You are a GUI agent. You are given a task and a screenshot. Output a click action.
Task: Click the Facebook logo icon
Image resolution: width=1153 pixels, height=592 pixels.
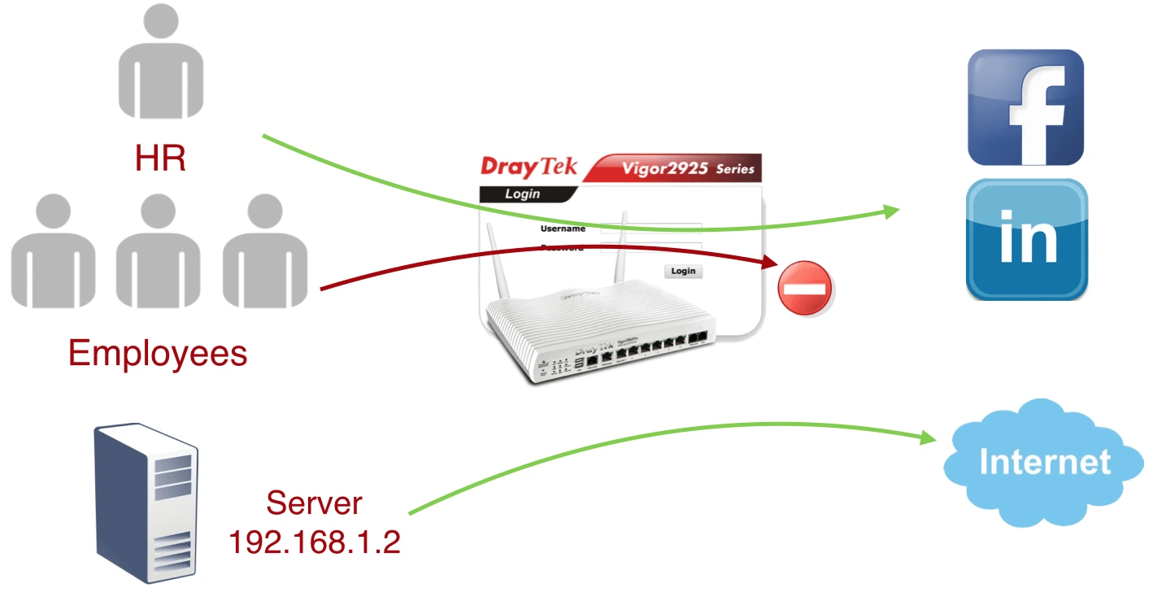click(1025, 108)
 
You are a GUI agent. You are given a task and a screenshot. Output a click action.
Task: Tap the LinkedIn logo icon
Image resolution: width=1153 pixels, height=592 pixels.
click(1027, 240)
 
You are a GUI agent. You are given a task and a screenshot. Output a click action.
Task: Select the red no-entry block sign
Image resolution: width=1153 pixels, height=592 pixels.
click(805, 288)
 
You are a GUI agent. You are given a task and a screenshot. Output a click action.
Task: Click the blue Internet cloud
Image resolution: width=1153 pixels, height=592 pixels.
click(1044, 461)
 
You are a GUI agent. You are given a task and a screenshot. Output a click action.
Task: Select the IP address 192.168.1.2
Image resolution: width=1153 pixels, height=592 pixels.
click(314, 542)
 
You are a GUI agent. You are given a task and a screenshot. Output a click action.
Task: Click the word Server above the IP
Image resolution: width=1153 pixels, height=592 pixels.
click(314, 503)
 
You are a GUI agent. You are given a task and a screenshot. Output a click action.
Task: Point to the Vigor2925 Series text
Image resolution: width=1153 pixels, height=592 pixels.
click(688, 169)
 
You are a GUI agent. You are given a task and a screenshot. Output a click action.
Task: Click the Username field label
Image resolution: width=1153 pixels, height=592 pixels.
click(563, 229)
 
